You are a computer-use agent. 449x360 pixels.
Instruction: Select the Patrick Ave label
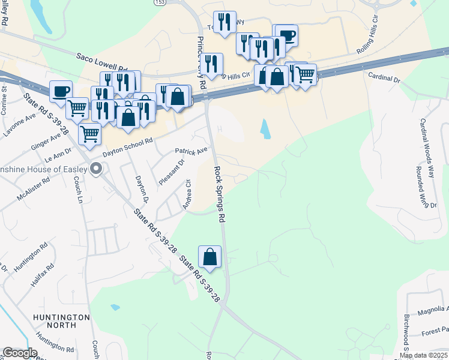[191, 150]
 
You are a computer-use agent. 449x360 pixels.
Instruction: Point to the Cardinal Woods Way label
[427, 146]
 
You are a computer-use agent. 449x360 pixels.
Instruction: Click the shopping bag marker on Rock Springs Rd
[210, 256]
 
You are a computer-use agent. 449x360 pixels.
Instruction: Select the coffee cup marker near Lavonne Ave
[61, 91]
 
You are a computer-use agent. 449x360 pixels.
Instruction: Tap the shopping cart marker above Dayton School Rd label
[89, 134]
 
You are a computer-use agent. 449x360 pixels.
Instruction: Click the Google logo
[20, 353]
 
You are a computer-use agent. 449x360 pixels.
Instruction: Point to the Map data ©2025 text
[424, 355]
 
